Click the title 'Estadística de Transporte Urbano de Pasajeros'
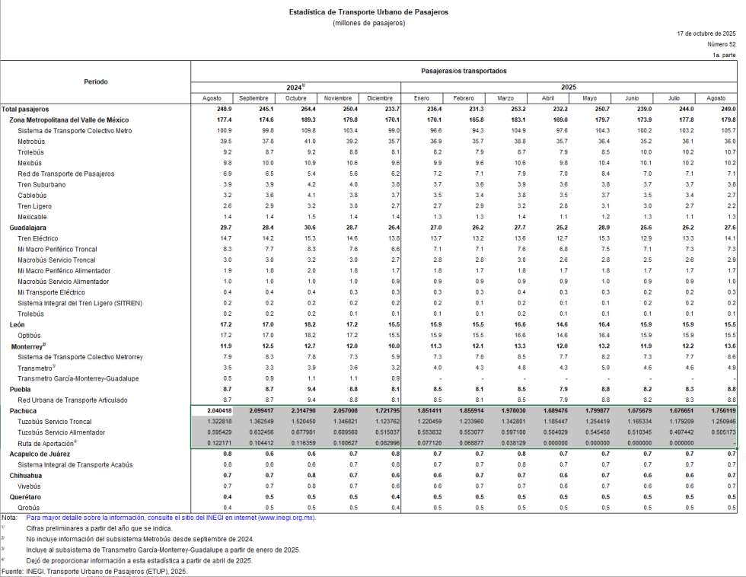[368, 12]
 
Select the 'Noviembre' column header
[337, 98]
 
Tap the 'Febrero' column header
[464, 98]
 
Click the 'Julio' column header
[674, 98]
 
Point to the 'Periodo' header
[96, 81]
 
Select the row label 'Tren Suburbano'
[41, 185]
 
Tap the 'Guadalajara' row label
[28, 228]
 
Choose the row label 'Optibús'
[29, 336]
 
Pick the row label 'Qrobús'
[28, 508]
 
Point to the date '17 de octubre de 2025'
[706, 34]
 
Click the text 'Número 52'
[721, 45]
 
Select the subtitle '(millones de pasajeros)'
[368, 23]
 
